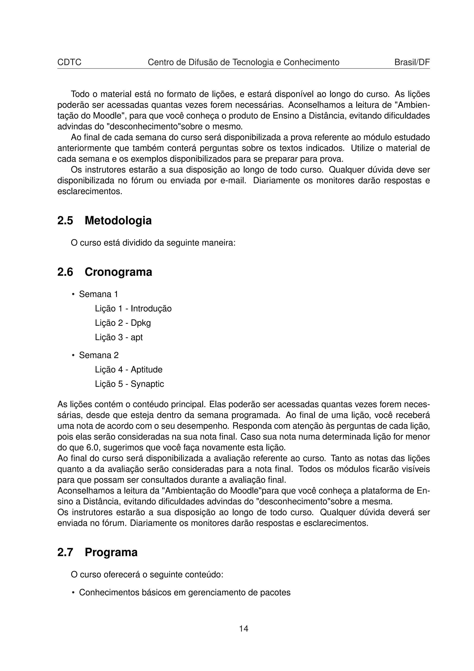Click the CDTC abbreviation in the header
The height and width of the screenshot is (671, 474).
point(69,62)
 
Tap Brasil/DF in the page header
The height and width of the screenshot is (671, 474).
point(412,62)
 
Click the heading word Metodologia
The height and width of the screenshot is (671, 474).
point(118,220)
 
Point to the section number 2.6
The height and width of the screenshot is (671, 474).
point(65,272)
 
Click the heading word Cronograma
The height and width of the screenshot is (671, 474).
point(118,272)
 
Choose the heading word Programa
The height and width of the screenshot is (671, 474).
point(111,552)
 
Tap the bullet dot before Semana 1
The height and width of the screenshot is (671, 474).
point(73,294)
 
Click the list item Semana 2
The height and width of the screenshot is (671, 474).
point(99,355)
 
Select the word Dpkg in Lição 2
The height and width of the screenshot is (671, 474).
point(141,323)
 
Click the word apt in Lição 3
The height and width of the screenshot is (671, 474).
point(137,338)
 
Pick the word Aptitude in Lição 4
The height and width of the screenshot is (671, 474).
point(146,370)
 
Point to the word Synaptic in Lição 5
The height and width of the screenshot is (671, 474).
point(147,384)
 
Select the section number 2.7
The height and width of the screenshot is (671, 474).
point(65,552)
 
